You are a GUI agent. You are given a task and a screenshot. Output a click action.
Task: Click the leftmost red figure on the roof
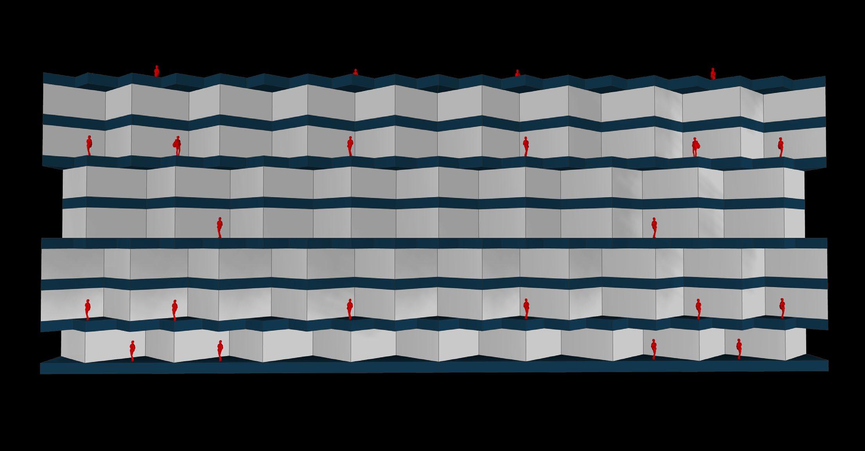157,71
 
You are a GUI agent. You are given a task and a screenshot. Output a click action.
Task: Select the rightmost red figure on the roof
713,73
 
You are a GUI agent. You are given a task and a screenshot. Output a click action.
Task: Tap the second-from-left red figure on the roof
355,72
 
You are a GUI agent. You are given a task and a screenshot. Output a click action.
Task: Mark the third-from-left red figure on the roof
517,73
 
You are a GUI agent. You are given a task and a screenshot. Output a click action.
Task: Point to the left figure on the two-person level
220,227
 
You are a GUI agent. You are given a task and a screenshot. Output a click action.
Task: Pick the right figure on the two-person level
654,228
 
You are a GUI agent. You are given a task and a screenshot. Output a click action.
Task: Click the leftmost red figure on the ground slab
133,351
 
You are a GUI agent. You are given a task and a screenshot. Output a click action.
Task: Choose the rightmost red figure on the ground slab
739,349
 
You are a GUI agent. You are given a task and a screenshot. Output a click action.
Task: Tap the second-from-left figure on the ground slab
221,350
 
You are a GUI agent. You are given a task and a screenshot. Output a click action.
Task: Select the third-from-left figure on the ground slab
653,349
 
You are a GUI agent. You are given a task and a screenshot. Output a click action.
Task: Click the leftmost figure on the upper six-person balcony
89,145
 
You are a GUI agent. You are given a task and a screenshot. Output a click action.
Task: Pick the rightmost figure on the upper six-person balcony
781,147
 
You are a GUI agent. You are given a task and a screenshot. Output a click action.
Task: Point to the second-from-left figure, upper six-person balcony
178,146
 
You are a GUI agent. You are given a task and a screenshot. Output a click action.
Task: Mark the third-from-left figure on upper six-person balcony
350,146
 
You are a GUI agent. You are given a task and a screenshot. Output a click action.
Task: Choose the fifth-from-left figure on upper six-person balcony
695,147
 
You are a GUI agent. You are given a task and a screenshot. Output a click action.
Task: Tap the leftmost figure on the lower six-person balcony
88,310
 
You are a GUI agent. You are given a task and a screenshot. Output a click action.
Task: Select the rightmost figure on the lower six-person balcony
782,308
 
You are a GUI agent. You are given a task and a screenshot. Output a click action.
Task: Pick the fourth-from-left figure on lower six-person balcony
526,309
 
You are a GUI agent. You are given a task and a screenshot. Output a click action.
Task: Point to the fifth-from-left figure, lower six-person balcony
698,309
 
